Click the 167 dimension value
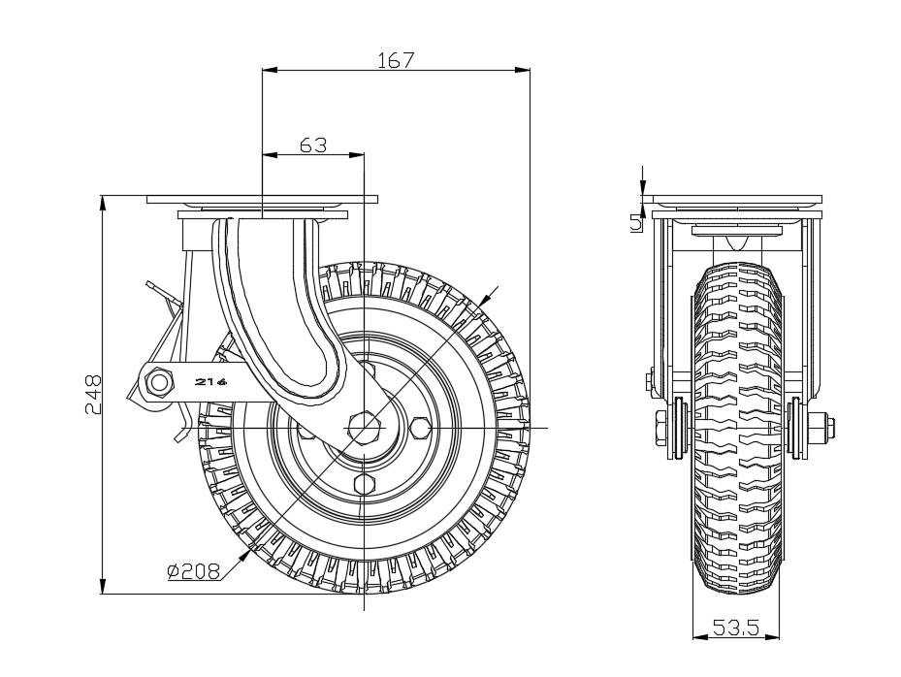coord(396,60)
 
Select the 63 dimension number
coord(313,145)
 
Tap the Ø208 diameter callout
coord(194,570)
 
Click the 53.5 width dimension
coord(736,627)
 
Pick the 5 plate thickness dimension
coord(636,222)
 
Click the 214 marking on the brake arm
coord(210,381)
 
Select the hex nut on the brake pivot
coord(159,381)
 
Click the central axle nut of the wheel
coord(365,428)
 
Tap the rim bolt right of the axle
coord(421,428)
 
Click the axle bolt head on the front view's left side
coord(659,428)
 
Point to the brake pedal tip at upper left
coord(151,284)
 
